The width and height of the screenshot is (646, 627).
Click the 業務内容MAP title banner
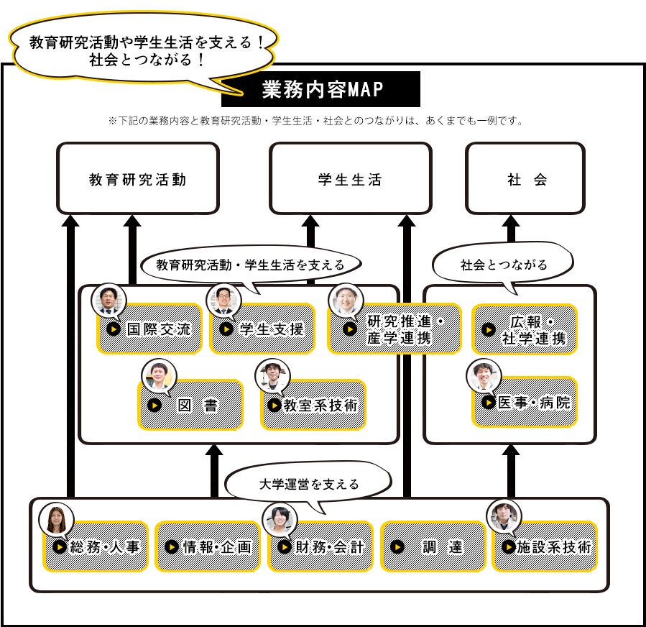331,89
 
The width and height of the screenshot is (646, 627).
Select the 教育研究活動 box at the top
137,178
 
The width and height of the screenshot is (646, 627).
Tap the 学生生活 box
350,178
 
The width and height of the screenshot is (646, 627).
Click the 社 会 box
525,178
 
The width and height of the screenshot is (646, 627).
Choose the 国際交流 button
149,329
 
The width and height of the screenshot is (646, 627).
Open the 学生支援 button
262,329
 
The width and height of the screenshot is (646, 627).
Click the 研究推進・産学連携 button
394,329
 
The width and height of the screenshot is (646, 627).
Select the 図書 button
190,405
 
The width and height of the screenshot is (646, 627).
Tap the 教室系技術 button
313,405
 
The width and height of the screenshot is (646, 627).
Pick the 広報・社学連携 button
525,329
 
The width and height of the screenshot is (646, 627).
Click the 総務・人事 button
96,546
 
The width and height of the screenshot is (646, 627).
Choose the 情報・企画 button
208,546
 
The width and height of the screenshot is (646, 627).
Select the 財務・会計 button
320,546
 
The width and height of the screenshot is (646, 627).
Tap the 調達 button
433,546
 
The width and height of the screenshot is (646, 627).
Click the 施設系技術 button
545,546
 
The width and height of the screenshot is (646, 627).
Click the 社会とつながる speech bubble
503,265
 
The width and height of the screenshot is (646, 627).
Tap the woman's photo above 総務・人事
57,519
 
